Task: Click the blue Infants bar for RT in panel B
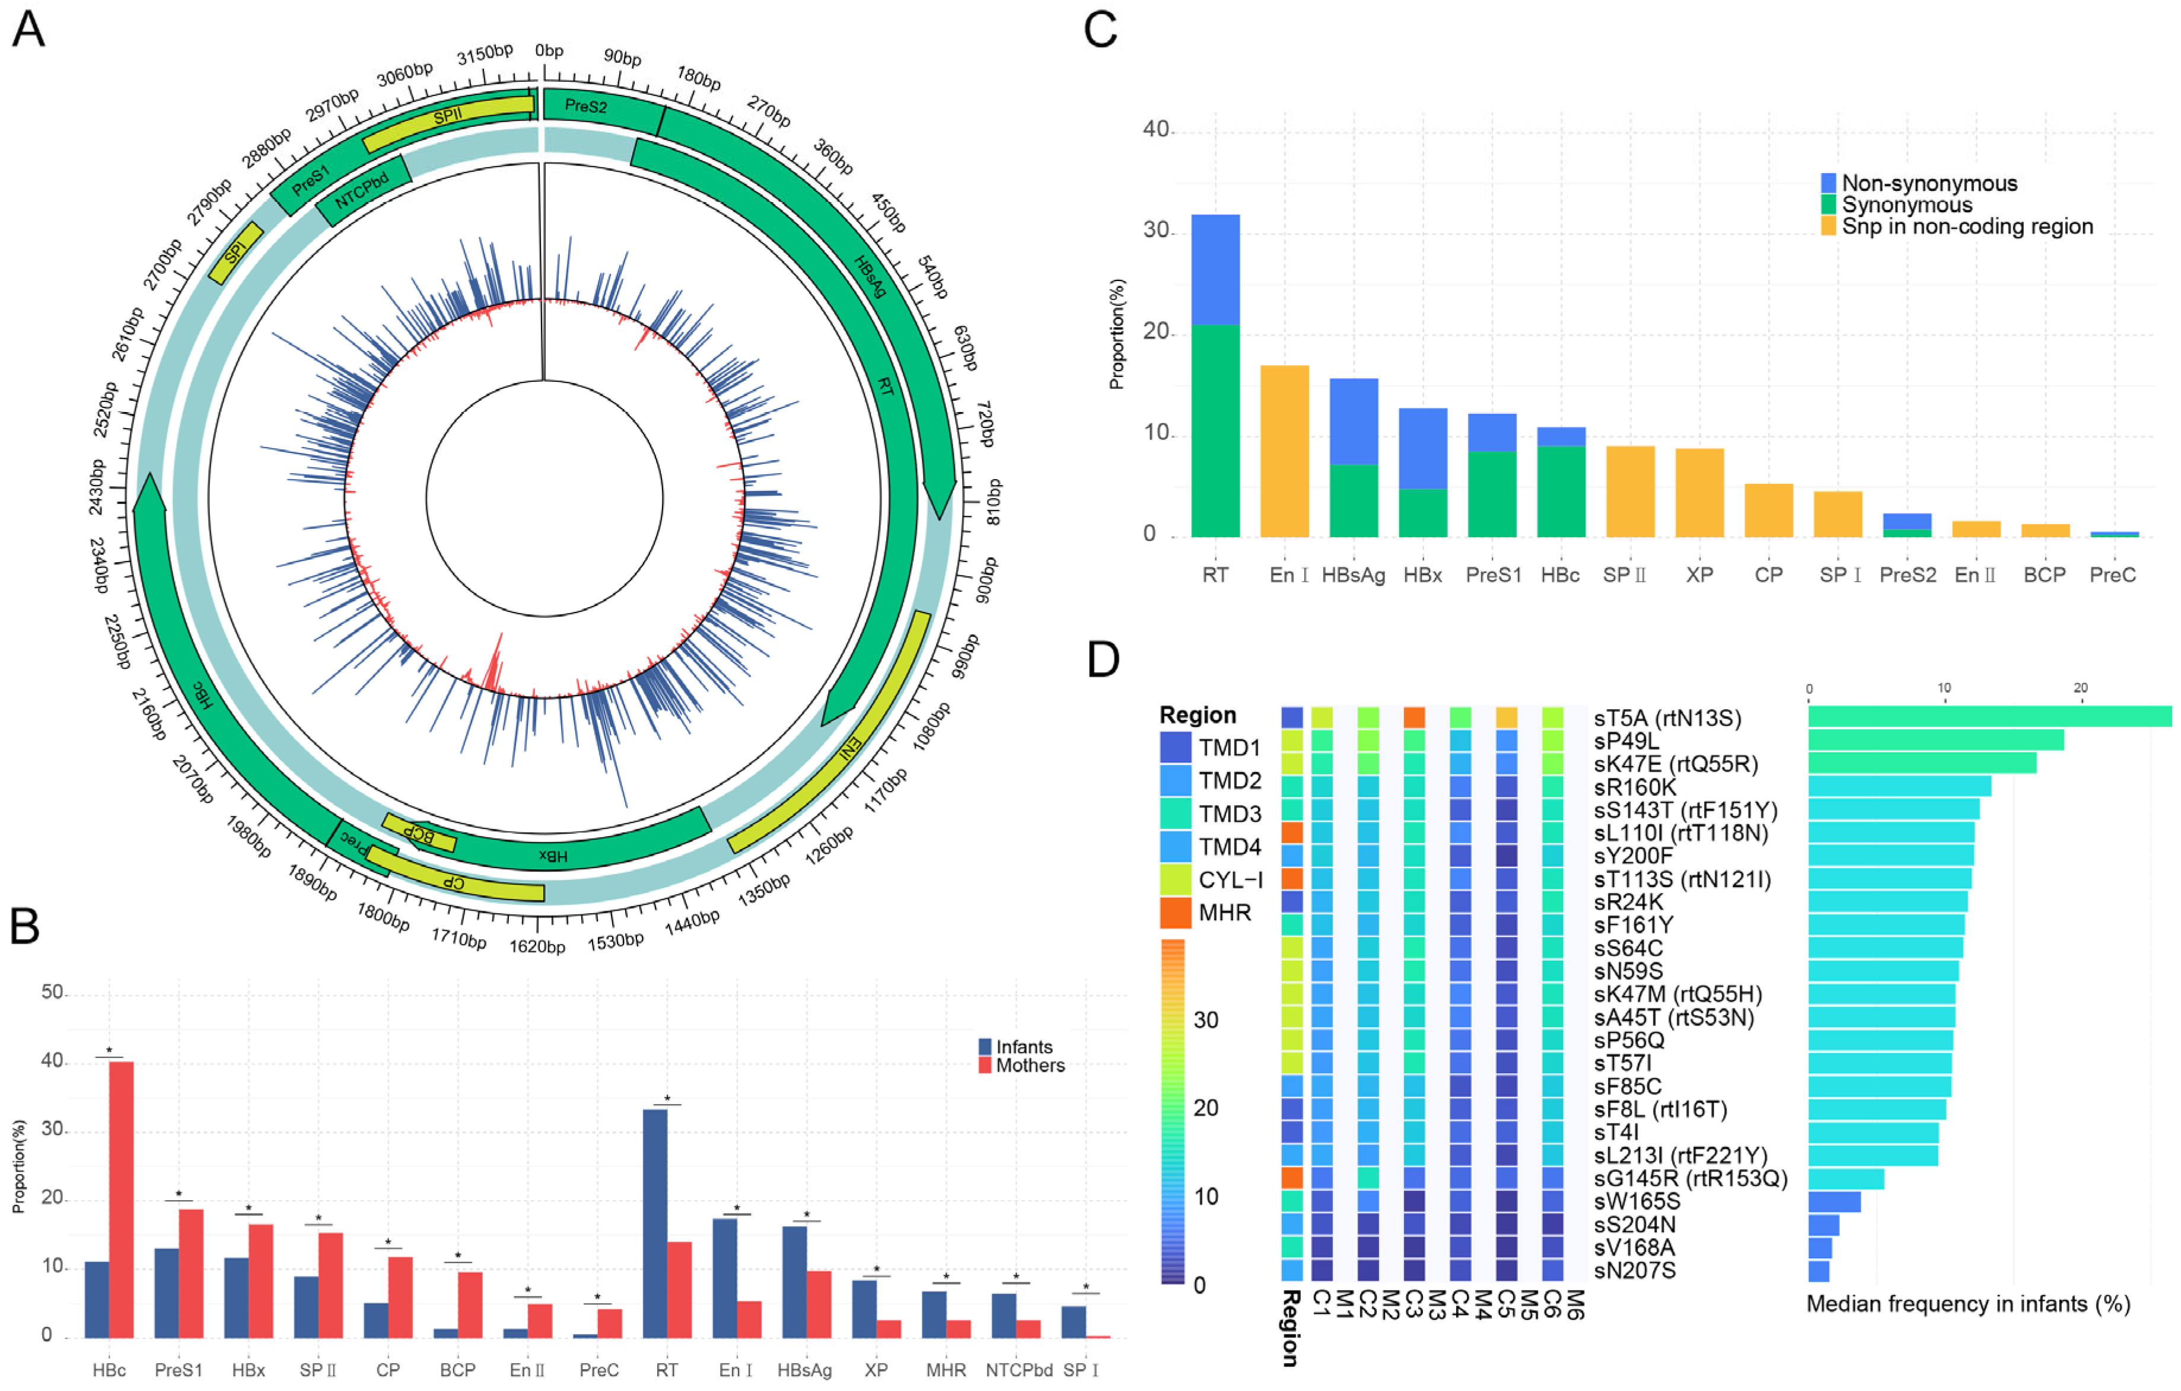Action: (655, 1223)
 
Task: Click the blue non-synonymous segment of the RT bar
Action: (1215, 269)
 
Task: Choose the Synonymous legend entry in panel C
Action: (1906, 205)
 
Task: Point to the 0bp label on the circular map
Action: (549, 51)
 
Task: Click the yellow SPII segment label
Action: (447, 116)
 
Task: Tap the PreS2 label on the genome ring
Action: (586, 106)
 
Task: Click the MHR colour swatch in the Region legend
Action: (1175, 912)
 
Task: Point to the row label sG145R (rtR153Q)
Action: (1690, 1178)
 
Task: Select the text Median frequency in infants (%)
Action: (1968, 1304)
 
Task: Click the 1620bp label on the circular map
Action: (537, 946)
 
